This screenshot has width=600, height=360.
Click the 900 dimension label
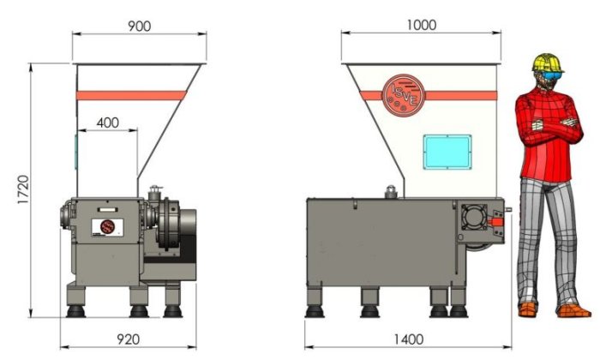click(x=139, y=26)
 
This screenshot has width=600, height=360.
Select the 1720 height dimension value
click(x=23, y=189)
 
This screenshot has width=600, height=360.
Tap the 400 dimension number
click(x=107, y=123)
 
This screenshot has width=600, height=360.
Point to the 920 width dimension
click(x=128, y=339)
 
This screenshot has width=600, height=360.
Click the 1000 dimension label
click(x=421, y=25)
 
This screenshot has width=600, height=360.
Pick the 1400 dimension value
click(x=409, y=339)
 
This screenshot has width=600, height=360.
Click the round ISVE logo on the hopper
click(x=404, y=95)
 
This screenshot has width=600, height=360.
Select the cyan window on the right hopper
click(x=447, y=152)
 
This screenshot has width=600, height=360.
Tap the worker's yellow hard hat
click(x=548, y=63)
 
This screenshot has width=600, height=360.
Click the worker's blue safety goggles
click(x=554, y=75)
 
